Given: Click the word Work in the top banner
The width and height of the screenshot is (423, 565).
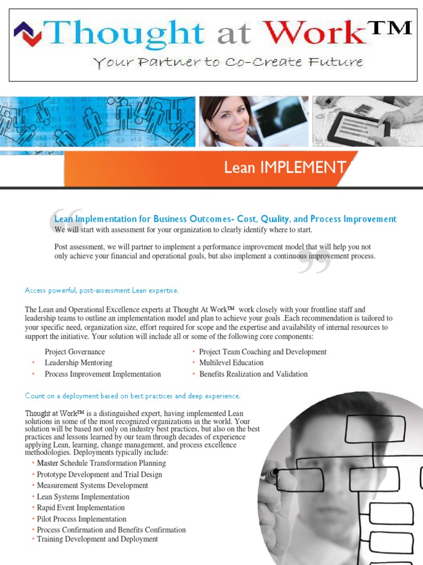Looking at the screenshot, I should pyautogui.click(x=319, y=33).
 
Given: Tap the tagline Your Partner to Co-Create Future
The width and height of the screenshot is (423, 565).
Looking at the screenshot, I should pyautogui.click(x=228, y=62).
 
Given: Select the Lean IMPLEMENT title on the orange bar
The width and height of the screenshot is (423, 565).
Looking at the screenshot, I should pyautogui.click(x=285, y=167).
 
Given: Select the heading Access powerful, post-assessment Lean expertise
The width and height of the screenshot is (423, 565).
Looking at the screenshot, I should pyautogui.click(x=102, y=290).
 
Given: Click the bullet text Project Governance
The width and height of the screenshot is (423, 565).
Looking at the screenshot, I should pyautogui.click(x=74, y=352).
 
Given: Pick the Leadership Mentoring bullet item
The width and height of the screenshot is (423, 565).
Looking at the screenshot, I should pyautogui.click(x=78, y=363).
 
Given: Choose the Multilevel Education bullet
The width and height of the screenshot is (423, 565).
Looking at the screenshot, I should pyautogui.click(x=231, y=363).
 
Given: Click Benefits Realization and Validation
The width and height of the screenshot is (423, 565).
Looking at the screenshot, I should pyautogui.click(x=253, y=374).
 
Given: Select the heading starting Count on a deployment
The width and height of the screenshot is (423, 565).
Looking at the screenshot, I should pyautogui.click(x=133, y=396).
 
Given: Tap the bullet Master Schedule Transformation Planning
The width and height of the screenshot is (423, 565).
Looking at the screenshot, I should pyautogui.click(x=101, y=463).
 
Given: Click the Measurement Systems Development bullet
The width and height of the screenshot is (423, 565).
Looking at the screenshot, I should pyautogui.click(x=92, y=486).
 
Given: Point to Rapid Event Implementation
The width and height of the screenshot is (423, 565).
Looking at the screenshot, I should pyautogui.click(x=80, y=508).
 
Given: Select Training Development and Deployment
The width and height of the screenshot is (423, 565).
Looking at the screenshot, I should pyautogui.click(x=97, y=539).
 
